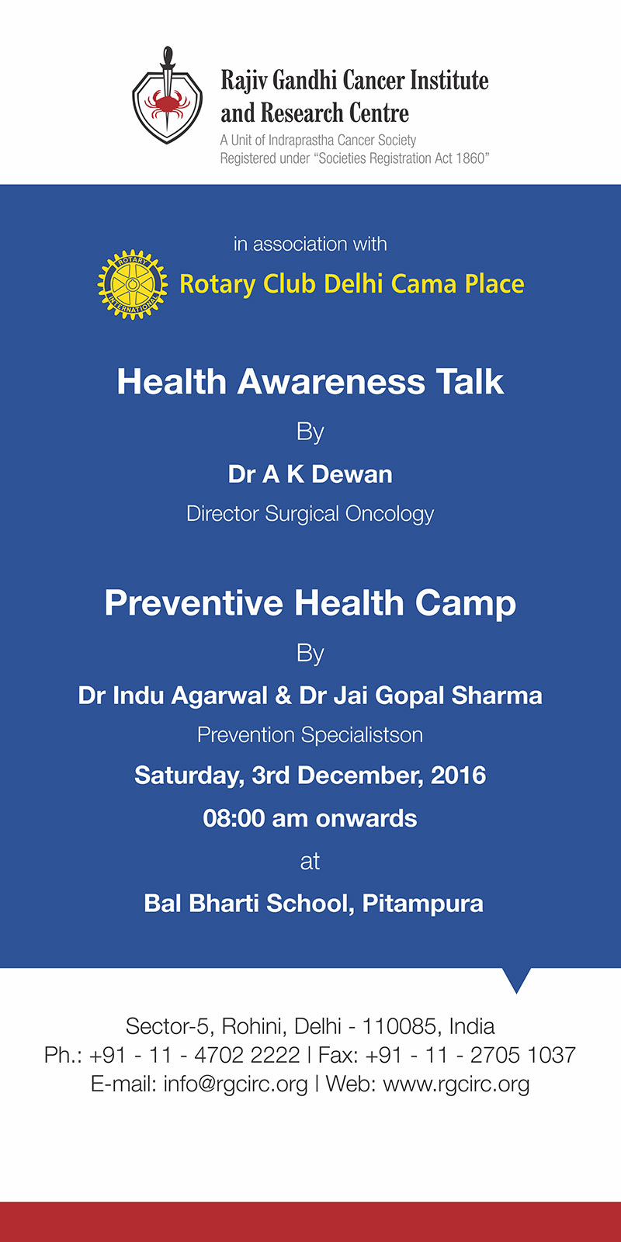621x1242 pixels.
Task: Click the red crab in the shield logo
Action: point(167,103)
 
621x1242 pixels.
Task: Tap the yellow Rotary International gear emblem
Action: point(133,284)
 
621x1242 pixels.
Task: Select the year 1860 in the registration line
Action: point(469,158)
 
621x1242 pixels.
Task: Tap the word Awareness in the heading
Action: point(331,382)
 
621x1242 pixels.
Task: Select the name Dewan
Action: point(352,474)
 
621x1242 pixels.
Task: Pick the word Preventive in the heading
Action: point(193,602)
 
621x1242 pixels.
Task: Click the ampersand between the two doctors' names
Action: point(283,696)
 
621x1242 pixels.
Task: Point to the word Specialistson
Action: point(362,735)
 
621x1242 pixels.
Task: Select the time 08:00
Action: point(234,818)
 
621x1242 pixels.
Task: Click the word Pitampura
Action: point(422,904)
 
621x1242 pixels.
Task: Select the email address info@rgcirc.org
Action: point(235,1084)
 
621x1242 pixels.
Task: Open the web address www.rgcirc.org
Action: point(456,1084)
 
